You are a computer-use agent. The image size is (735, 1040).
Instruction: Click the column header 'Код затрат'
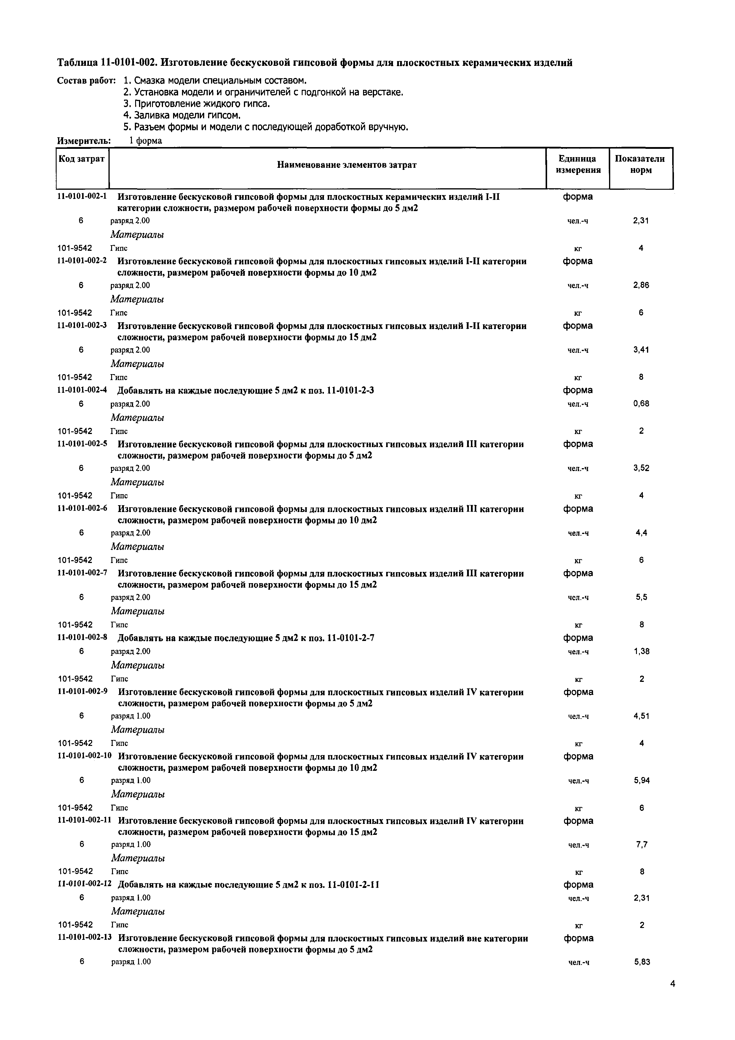pos(82,159)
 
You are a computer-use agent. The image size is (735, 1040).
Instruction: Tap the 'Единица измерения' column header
pos(578,165)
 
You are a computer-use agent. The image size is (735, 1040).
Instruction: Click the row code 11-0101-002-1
pos(82,197)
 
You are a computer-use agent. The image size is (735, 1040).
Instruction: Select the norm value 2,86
pos(641,285)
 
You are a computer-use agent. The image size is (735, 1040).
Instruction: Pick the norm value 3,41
pos(641,350)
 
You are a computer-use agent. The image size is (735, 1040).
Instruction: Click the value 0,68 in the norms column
pos(641,403)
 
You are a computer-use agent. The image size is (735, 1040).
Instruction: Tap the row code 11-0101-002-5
pos(82,444)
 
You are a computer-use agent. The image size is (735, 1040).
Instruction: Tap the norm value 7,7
pos(642,844)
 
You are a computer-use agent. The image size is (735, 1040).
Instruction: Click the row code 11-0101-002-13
pos(85,938)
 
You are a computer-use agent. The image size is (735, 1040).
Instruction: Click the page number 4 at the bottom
pos(672,996)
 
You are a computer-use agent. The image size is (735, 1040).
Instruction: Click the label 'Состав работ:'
pos(87,81)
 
